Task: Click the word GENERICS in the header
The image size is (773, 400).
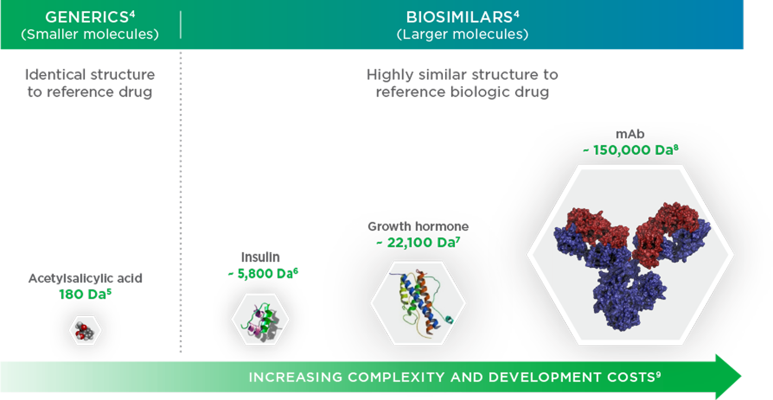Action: coord(86,17)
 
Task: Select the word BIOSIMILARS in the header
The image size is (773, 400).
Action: coord(459,17)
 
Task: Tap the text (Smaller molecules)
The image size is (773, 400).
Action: coord(90,34)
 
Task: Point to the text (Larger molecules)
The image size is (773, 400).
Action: coord(462,34)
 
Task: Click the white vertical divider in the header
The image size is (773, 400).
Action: coord(181,25)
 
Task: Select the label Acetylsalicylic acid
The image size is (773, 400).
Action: coord(85,278)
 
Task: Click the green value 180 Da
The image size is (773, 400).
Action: coord(82,294)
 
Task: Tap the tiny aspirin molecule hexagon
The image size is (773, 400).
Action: coord(85,331)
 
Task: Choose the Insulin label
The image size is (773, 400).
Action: coord(260,257)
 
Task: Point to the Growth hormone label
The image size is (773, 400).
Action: coord(418,226)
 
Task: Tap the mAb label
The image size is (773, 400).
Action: coord(630,134)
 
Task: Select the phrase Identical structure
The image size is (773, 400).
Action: coord(90,75)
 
